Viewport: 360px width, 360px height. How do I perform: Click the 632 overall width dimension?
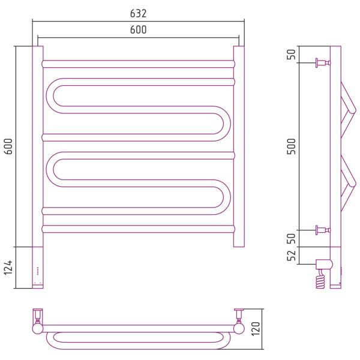[138, 13]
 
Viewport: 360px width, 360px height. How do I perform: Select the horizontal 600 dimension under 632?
[138, 29]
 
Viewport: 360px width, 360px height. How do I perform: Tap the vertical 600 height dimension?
[8, 146]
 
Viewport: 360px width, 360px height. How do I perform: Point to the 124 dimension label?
[8, 267]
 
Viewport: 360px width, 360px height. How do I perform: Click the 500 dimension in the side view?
[292, 146]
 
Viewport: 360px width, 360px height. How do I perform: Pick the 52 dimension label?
[292, 256]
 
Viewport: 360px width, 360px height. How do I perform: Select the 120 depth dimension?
[256, 329]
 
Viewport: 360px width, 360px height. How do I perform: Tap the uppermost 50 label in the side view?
[292, 54]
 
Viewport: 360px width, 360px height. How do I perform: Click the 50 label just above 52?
[292, 238]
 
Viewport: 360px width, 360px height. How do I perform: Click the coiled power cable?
[320, 279]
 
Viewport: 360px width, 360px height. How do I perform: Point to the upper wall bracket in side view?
[323, 62]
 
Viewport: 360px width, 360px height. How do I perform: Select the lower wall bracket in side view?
[323, 230]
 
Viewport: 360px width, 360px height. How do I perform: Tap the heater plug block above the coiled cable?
[324, 264]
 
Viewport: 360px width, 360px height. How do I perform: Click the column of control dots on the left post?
[38, 271]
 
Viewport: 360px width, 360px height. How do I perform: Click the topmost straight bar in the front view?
[138, 64]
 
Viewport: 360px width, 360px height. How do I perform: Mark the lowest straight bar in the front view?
[138, 229]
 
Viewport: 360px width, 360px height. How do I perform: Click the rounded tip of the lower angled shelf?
[352, 184]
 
